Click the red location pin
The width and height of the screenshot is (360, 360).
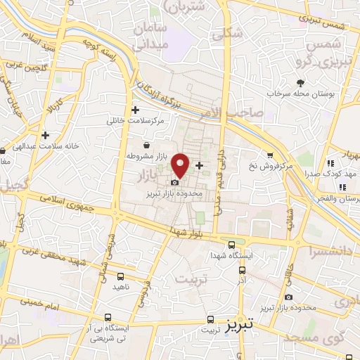coord(181,165)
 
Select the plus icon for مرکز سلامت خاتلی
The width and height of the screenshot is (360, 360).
coord(136,110)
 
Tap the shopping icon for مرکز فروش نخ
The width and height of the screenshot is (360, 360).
coord(269,155)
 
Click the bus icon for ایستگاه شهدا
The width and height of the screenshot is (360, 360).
coord(232,245)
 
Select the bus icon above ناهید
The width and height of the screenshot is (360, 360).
coord(120,276)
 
